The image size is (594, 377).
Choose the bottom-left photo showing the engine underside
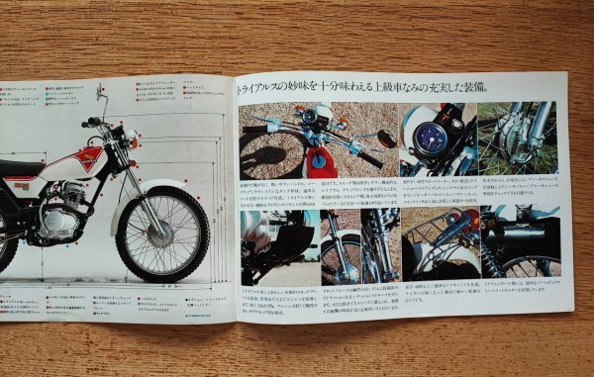pos(277,243)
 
